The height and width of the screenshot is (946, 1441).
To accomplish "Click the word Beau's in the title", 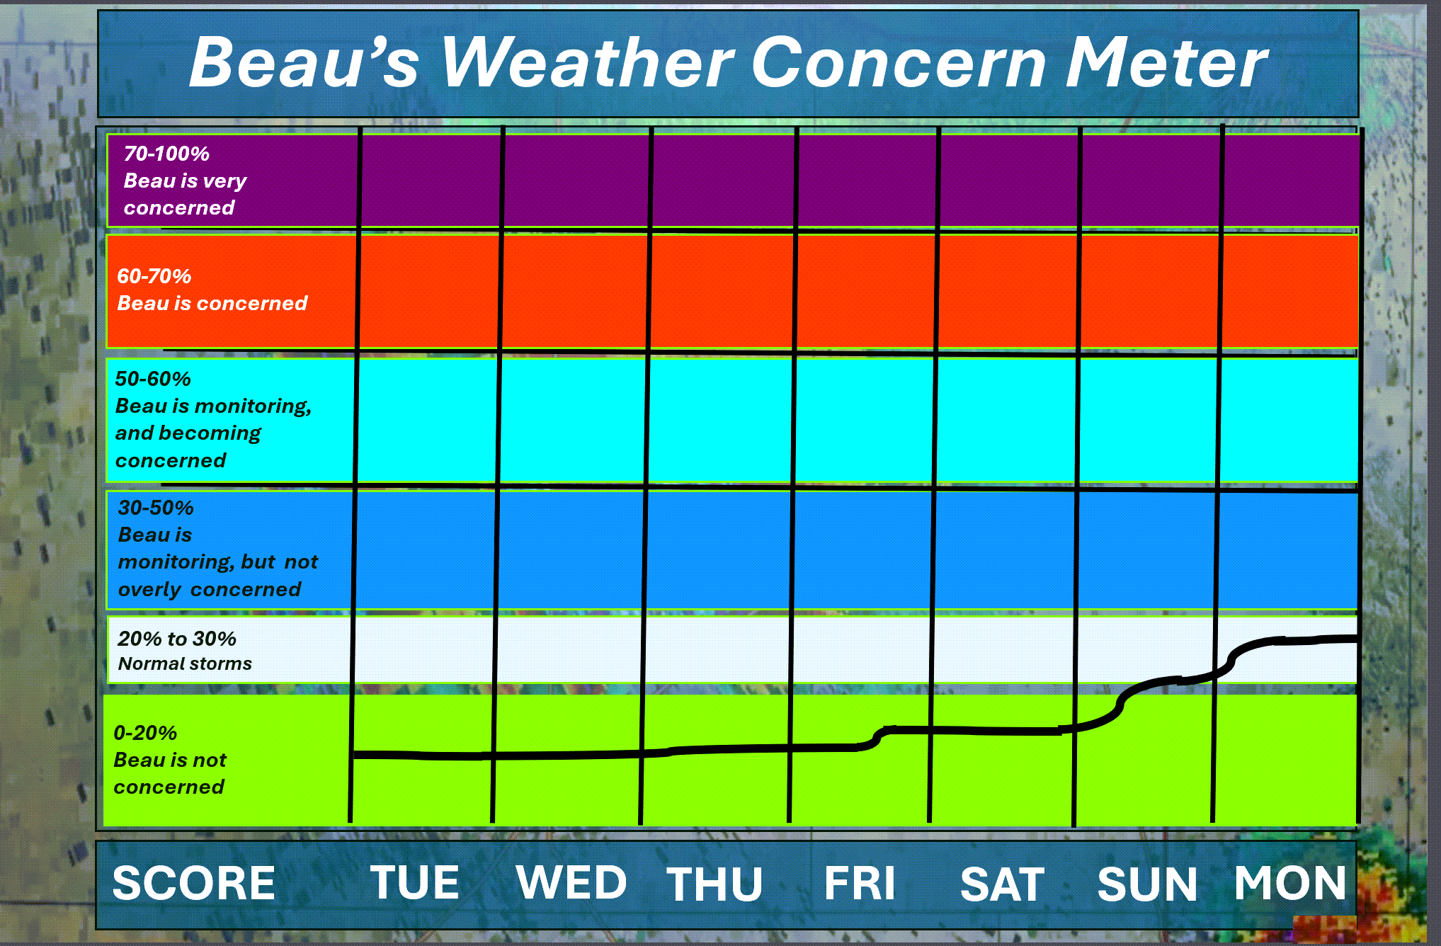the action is [x=304, y=63].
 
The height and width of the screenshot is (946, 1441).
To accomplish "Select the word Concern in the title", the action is [x=899, y=63].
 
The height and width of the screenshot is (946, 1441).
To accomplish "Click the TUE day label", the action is [x=415, y=883].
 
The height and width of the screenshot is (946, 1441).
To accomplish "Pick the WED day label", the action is [x=571, y=883].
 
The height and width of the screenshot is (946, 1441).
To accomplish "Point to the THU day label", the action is [x=714, y=884].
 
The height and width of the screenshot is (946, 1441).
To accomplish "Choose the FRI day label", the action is [x=860, y=883].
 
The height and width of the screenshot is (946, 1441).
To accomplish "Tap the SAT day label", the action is [x=1002, y=884].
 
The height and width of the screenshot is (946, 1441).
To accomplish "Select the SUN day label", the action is [x=1147, y=884].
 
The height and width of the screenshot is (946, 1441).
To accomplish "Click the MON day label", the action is [x=1290, y=883].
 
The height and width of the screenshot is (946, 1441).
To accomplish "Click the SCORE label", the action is [x=194, y=883].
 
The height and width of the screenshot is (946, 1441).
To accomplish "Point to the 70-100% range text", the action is [x=166, y=154].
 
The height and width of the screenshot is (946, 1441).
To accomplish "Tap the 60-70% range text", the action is [x=154, y=276].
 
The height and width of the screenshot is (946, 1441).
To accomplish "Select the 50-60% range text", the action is [x=153, y=379].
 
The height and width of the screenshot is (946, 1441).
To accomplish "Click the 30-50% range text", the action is [x=156, y=508].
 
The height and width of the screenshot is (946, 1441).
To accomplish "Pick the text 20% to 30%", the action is [x=177, y=639].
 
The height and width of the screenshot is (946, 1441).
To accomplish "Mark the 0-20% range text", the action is [x=145, y=733].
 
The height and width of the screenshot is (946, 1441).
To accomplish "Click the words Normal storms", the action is [x=185, y=663].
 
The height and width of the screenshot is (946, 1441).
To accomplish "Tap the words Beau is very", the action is [x=185, y=181].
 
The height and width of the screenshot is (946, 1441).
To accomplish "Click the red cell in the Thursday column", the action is [x=722, y=292].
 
